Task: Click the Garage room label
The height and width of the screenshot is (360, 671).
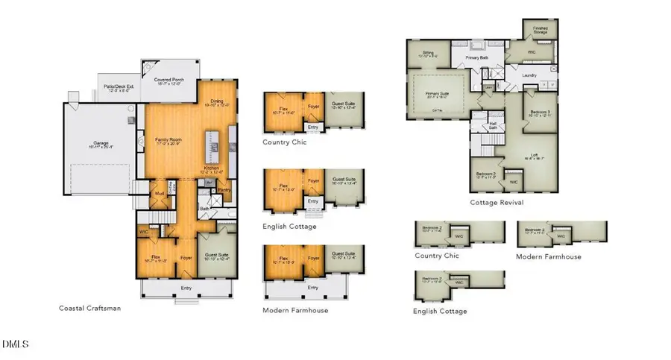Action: [x=97, y=145]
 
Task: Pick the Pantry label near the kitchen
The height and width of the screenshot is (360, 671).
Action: [x=224, y=190]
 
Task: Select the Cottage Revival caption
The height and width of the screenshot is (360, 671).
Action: [x=497, y=202]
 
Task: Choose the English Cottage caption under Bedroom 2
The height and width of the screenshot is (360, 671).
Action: [x=440, y=311]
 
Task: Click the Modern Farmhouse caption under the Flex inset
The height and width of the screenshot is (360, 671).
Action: [x=295, y=309]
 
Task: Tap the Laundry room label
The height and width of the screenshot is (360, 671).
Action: [x=530, y=75]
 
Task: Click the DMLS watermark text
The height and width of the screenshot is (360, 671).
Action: [x=15, y=344]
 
